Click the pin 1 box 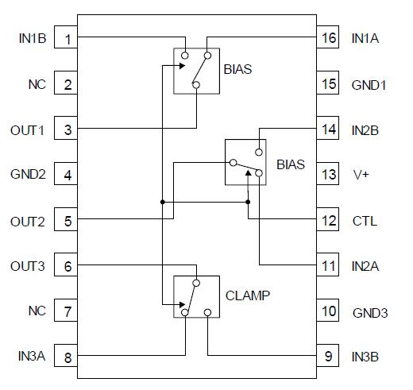click(x=68, y=39)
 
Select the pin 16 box click(x=328, y=39)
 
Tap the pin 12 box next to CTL click(x=328, y=221)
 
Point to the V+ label click(x=361, y=176)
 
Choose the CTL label click(x=365, y=221)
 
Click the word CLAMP click(x=248, y=295)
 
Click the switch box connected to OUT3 click(x=196, y=297)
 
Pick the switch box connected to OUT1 click(x=196, y=71)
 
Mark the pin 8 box click(x=68, y=357)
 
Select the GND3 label click(x=369, y=312)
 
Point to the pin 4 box click(x=68, y=176)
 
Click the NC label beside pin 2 click(x=37, y=84)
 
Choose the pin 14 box click(x=328, y=130)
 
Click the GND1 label click(x=369, y=84)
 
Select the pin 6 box click(x=68, y=267)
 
